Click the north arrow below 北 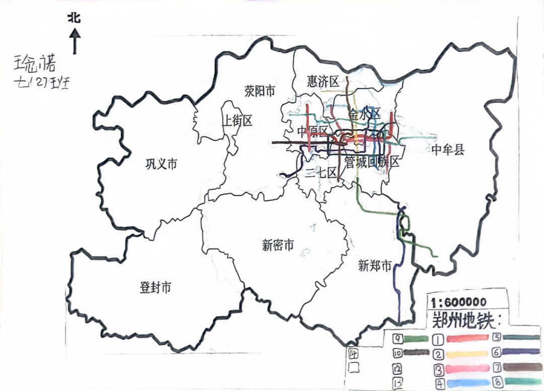click(75, 41)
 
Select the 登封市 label click(155, 288)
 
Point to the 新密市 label click(278, 246)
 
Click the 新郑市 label click(374, 266)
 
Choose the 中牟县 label click(447, 150)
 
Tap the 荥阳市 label click(260, 91)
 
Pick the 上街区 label click(237, 121)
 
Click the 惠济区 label click(323, 81)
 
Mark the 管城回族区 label click(372, 162)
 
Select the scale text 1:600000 click(458, 302)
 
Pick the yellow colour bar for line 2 click(465, 354)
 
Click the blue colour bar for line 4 click(465, 383)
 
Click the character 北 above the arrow click(75, 19)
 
